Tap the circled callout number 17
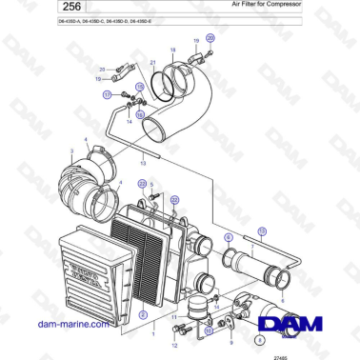pyautogui.click(x=108, y=94)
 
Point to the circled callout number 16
pyautogui.click(x=141, y=114)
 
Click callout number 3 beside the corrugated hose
pyautogui.click(x=70, y=150)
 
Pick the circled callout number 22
pyautogui.click(x=174, y=200)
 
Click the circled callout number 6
pyautogui.click(x=229, y=236)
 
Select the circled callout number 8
pyautogui.click(x=260, y=337)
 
